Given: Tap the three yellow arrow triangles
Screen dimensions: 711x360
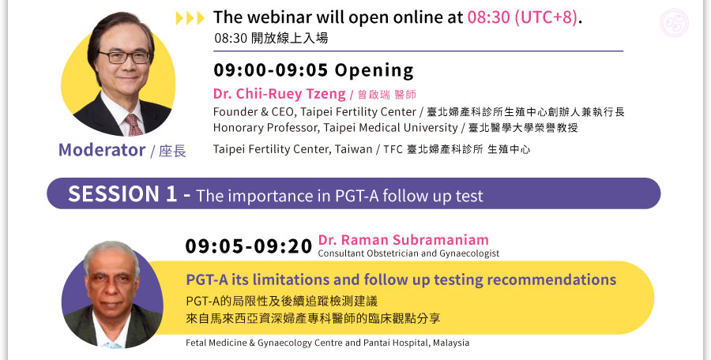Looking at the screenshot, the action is click(x=190, y=18).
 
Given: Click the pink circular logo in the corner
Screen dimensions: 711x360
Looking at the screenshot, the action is click(x=675, y=23).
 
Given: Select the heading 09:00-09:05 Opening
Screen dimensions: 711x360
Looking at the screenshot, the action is click(x=314, y=70).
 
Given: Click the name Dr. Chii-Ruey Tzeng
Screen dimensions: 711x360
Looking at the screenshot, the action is click(x=280, y=94).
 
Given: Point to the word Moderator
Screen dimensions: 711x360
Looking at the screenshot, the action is click(x=102, y=150).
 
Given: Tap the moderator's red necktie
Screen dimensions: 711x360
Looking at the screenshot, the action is click(x=134, y=124).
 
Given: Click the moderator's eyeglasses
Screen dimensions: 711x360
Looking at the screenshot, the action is click(x=124, y=57).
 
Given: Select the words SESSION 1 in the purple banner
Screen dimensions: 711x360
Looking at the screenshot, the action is click(x=122, y=193).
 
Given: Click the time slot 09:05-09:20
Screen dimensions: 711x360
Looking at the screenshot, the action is click(x=249, y=246).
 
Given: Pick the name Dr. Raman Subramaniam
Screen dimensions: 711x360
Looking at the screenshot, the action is click(x=403, y=240).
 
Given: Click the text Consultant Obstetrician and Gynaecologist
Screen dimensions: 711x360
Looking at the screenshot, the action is click(x=408, y=253).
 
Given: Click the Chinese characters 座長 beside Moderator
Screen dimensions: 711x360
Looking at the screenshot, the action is click(x=172, y=152).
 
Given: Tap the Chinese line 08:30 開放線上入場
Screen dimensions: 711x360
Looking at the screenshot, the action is click(x=271, y=38).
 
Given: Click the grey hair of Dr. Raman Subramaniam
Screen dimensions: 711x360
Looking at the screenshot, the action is click(x=111, y=251).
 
